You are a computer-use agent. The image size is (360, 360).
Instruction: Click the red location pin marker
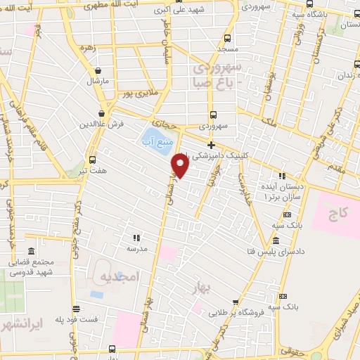point(181,165)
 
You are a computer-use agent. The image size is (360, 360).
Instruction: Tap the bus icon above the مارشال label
point(98,70)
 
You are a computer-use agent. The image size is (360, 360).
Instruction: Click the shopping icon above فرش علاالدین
point(103,112)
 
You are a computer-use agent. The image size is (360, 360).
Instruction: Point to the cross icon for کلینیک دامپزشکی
point(210,144)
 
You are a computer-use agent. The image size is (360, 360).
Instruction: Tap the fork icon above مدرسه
point(136,238)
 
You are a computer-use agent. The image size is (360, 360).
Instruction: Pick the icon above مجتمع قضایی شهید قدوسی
point(30,251)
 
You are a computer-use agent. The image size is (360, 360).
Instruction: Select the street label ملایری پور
point(136,93)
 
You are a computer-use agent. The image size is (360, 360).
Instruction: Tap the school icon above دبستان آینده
point(283,176)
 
